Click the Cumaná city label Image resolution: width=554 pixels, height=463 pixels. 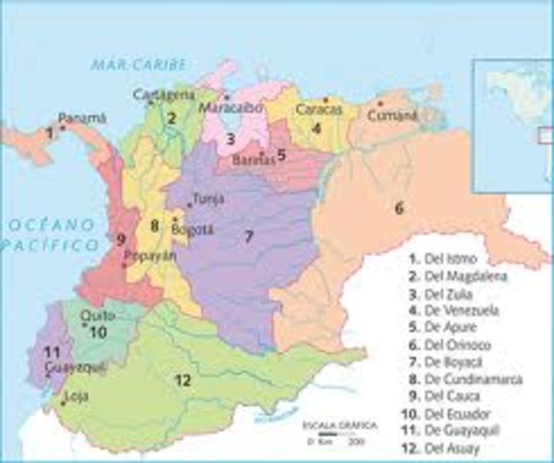click(396, 116)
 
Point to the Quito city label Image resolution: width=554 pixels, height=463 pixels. click(80, 314)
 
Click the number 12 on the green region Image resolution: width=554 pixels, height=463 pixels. click(181, 379)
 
